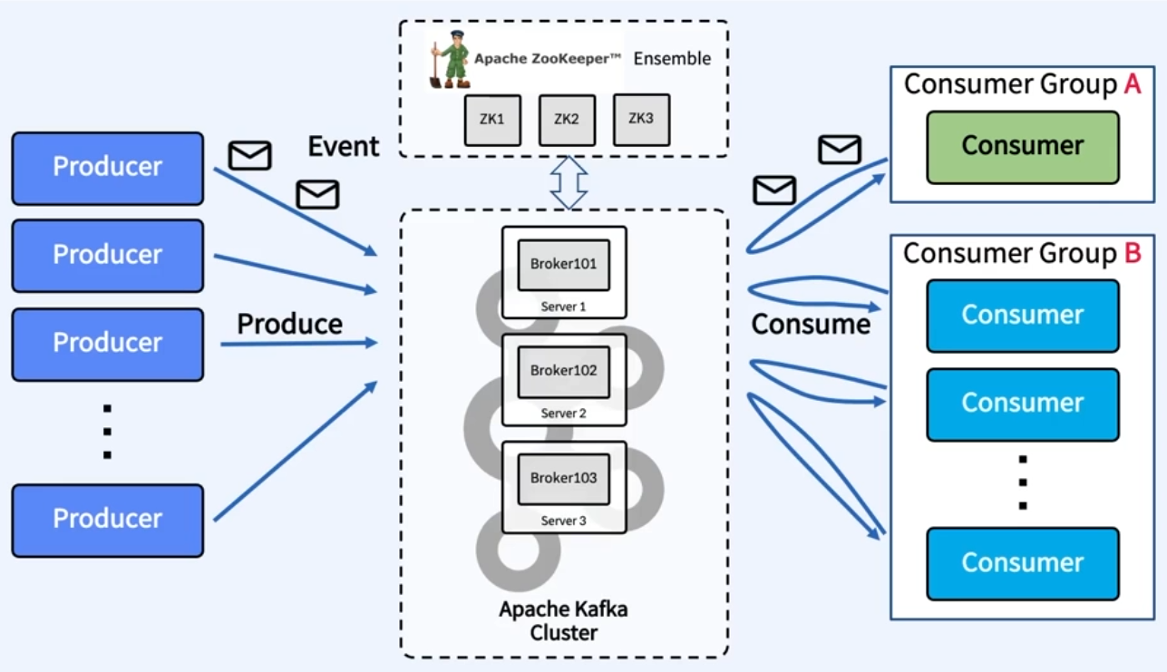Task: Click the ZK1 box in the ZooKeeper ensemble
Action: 492,120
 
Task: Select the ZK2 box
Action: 567,120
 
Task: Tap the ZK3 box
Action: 641,119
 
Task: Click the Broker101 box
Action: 563,264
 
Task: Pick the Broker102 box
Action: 563,371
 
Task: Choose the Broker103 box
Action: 563,478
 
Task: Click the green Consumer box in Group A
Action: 1022,147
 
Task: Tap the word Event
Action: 343,146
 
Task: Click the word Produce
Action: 290,324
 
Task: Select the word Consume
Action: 811,324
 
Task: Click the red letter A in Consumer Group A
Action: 1132,84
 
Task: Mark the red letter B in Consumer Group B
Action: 1132,254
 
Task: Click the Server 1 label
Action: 563,307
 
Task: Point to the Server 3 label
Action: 563,521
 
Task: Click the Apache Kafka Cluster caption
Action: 563,620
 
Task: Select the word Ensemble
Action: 672,59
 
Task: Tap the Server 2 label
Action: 563,414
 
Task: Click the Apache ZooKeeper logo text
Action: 548,58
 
